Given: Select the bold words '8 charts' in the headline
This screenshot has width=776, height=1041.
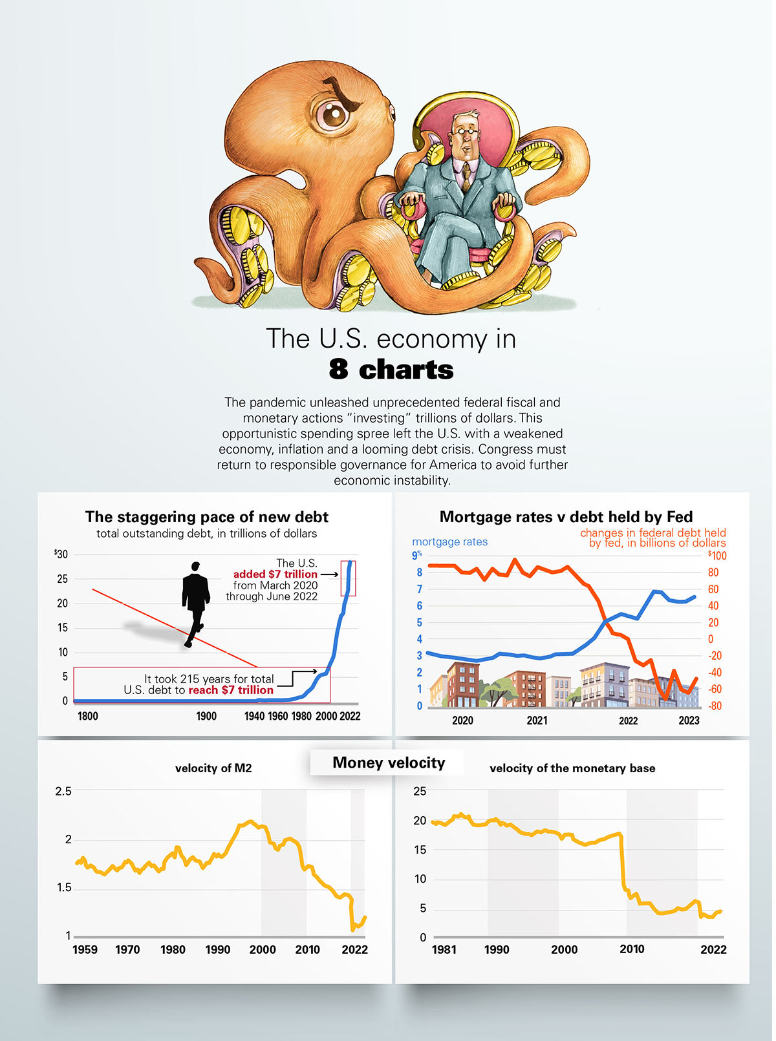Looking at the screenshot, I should click(391, 370).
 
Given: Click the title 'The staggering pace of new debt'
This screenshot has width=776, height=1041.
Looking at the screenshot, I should click(207, 517).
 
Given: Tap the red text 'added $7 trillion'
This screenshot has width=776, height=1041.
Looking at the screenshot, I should click(275, 574).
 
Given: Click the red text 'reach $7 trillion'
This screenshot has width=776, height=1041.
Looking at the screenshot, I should click(231, 690).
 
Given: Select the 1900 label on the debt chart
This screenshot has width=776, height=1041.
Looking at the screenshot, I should click(206, 716).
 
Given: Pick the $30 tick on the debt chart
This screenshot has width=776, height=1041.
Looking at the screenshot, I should click(61, 554).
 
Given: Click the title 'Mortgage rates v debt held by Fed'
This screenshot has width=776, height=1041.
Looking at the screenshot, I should click(566, 517).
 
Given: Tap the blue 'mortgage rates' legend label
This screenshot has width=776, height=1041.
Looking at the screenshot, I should click(449, 542).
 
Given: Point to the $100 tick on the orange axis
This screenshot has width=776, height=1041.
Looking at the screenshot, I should click(717, 556).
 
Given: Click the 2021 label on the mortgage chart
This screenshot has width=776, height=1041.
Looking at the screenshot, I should click(537, 720).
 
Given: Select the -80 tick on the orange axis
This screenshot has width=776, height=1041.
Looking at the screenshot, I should click(715, 706).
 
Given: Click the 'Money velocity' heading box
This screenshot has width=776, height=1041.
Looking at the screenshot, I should click(389, 762).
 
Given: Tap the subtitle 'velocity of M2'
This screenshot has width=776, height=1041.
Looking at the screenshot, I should click(213, 768).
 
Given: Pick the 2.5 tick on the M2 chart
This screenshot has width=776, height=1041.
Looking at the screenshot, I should click(63, 791).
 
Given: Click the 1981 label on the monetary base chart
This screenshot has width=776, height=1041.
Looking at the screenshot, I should click(444, 949).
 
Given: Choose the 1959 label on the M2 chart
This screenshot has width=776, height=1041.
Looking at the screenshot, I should click(85, 949).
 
